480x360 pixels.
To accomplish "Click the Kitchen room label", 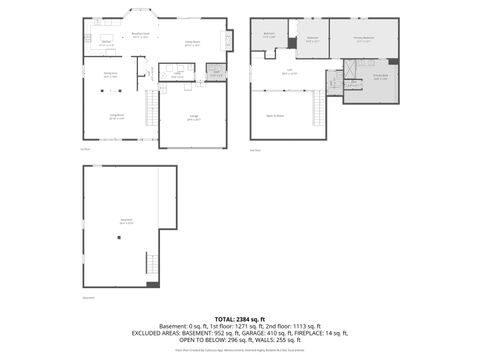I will tap(104, 41).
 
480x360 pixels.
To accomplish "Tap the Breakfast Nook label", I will tap(142, 34).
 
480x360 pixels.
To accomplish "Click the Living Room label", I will tap(116, 117).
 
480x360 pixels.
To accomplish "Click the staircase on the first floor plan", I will tap(153, 103).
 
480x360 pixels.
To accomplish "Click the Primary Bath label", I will tap(380, 77).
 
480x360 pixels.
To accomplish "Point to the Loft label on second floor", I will tap(290, 70).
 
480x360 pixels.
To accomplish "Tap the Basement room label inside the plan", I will tap(127, 220).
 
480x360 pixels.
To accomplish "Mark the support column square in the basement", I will tap(117, 237).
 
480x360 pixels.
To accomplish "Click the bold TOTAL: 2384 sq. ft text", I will tap(240, 318).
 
